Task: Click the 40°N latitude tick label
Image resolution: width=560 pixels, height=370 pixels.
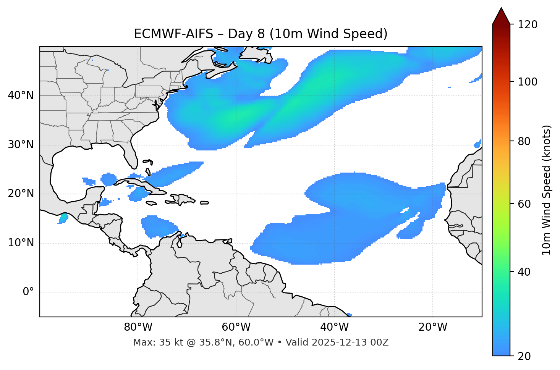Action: coord(21,95)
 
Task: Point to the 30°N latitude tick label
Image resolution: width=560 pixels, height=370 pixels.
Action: coord(21,145)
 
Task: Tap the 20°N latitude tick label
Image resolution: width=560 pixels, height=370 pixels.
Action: coord(21,194)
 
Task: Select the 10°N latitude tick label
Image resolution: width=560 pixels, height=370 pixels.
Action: coord(21,243)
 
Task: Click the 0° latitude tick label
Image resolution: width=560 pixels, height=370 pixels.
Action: coord(28,292)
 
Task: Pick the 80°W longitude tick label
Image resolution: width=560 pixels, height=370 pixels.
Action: coord(138,327)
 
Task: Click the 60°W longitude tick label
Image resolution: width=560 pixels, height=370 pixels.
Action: coord(236,327)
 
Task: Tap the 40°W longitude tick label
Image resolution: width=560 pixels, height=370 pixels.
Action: coord(334,327)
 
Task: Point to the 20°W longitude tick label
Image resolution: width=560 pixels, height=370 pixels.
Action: coord(433,327)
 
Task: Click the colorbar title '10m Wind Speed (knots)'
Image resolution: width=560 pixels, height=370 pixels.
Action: coord(547,190)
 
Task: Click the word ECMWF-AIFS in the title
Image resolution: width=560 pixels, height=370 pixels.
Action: coord(173,34)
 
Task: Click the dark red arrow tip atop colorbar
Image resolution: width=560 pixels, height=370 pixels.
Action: coord(501,15)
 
